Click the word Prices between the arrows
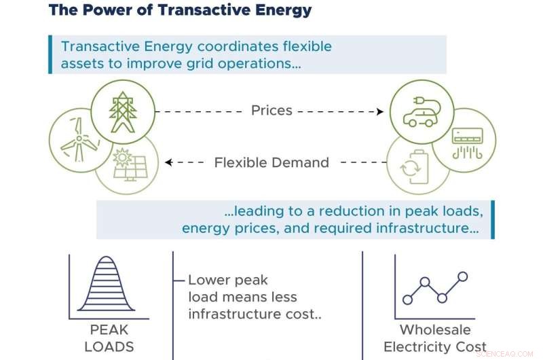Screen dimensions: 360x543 (271, 111)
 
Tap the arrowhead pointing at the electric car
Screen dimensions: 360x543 (380, 111)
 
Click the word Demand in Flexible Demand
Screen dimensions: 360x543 (299, 163)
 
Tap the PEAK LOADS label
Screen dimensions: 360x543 (109, 338)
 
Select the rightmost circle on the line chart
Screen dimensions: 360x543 (463, 276)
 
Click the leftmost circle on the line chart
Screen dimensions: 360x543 (408, 298)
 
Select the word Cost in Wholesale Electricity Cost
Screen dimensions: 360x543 (470, 347)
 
